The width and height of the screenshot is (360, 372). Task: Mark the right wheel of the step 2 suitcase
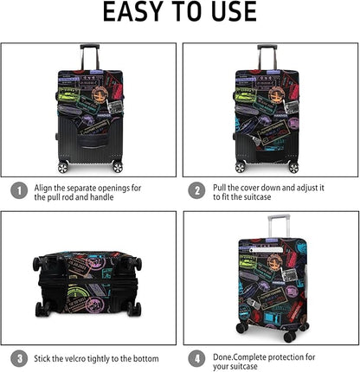click(x=294, y=166)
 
